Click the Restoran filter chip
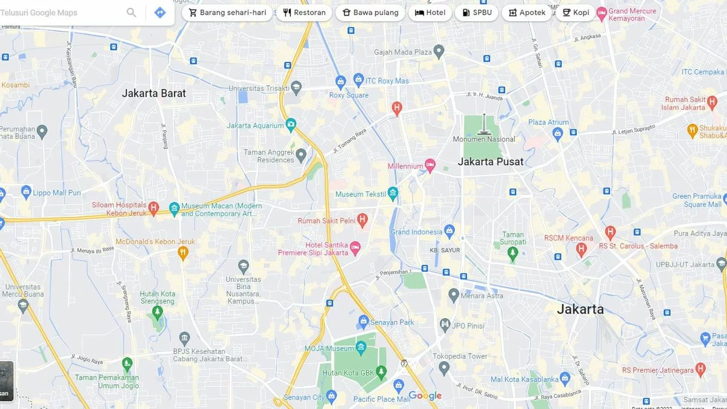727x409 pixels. [x=304, y=13]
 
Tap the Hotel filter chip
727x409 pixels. [x=430, y=13]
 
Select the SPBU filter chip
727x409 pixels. [x=476, y=13]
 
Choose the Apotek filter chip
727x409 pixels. [x=526, y=13]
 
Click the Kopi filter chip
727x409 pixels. [x=576, y=13]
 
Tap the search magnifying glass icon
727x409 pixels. [x=131, y=13]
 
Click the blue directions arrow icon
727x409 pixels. [x=160, y=13]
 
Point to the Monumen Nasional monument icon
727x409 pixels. [x=483, y=125]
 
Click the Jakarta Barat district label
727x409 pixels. [x=154, y=93]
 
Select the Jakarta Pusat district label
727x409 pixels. [x=491, y=162]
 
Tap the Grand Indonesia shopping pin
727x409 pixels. [x=449, y=231]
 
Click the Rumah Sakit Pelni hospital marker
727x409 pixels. [x=362, y=219]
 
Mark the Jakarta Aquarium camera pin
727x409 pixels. [x=291, y=125]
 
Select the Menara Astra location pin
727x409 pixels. [x=453, y=295]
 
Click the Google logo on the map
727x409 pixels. [x=425, y=396]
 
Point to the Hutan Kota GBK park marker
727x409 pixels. [x=381, y=370]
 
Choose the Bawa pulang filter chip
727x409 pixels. [x=370, y=13]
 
